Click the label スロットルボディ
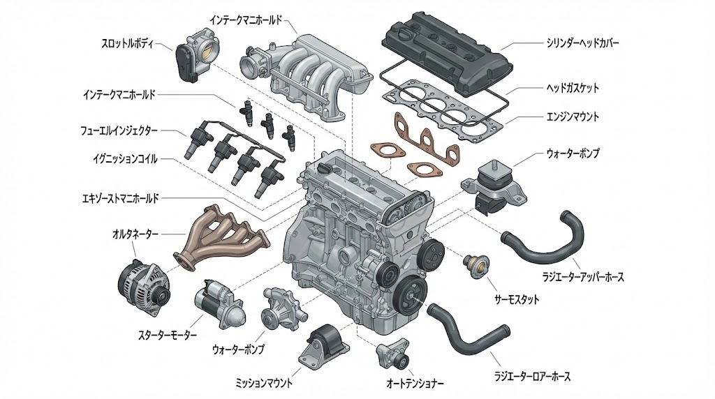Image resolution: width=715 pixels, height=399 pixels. (133, 43)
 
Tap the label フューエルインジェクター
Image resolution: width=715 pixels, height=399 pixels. (119, 130)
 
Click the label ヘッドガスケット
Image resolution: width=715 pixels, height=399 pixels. (572, 89)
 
